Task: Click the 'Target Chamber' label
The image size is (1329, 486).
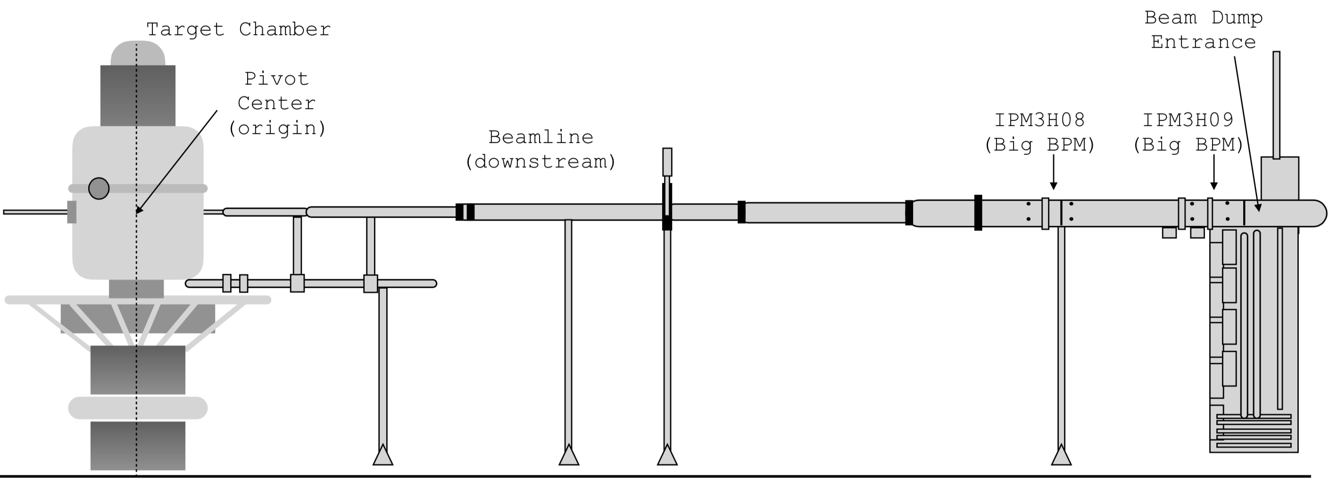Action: (x=238, y=29)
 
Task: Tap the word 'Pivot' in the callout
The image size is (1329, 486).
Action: (x=276, y=79)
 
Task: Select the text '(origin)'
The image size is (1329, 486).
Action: (x=277, y=128)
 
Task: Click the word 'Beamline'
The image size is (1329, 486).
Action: (x=540, y=137)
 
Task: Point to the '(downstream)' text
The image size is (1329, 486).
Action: (x=540, y=162)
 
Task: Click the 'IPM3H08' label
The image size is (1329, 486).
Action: (x=1039, y=120)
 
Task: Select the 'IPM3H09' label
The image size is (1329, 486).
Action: (x=1188, y=120)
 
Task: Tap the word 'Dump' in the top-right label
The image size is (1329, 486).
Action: (x=1237, y=18)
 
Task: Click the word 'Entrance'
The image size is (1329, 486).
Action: (x=1203, y=42)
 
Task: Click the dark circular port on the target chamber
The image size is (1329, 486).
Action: (x=99, y=188)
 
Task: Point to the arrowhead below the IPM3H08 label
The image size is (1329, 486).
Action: (x=1054, y=186)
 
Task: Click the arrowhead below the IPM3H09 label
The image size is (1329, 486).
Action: (x=1214, y=186)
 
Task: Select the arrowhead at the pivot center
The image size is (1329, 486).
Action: (x=139, y=209)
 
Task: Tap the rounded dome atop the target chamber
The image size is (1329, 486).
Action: (x=138, y=54)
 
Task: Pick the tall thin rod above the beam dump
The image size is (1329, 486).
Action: (x=1276, y=103)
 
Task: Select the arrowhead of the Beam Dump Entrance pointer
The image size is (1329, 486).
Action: (x=1258, y=208)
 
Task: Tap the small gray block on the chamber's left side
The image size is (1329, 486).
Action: (x=72, y=212)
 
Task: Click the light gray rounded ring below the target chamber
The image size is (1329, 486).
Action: (x=138, y=408)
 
